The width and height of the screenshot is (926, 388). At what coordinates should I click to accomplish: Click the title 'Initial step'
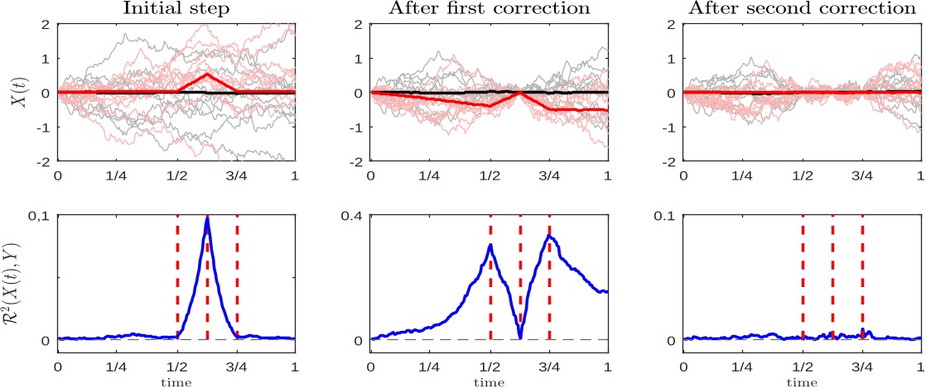(x=176, y=9)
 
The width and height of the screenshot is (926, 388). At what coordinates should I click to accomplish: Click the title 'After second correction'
(x=801, y=9)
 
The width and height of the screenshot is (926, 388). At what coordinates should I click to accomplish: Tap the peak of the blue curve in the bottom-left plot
(x=207, y=219)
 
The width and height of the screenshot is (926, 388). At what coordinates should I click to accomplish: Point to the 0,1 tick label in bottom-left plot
(x=39, y=216)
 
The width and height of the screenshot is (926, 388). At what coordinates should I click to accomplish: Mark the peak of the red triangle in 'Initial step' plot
(x=207, y=74)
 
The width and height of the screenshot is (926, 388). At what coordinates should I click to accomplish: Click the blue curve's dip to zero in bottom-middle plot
(x=519, y=337)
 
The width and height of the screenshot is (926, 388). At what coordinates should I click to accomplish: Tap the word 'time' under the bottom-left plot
(x=176, y=382)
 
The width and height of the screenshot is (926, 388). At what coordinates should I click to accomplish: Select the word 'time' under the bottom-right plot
(x=801, y=382)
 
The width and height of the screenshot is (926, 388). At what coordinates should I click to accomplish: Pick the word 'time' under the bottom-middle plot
(x=489, y=382)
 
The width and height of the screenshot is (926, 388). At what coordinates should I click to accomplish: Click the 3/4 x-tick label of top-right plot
(x=862, y=176)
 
